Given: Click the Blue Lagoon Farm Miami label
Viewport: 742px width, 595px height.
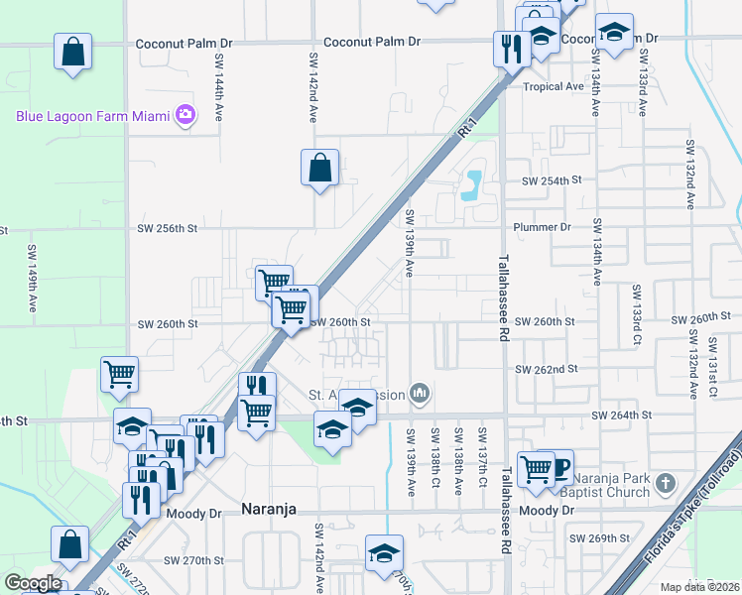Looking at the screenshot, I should coord(93,116).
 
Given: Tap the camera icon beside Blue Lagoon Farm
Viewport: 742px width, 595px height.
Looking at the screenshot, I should coord(185,115).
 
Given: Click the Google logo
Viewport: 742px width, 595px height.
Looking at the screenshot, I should coord(33,583).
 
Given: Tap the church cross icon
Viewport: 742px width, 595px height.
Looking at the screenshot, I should coord(665,484).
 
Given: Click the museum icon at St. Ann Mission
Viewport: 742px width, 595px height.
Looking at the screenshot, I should coord(421,394).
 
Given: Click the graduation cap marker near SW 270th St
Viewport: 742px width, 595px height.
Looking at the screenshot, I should coord(384,554).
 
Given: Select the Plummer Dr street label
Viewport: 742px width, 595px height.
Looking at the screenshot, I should coord(543,227).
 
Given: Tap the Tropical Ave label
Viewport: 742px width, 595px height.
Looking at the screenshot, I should coord(554,86).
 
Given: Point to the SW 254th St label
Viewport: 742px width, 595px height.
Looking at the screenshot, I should coord(552,181).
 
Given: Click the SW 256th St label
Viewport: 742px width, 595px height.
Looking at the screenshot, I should coord(168,228).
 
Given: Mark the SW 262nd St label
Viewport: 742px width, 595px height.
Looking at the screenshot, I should coord(546,369).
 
